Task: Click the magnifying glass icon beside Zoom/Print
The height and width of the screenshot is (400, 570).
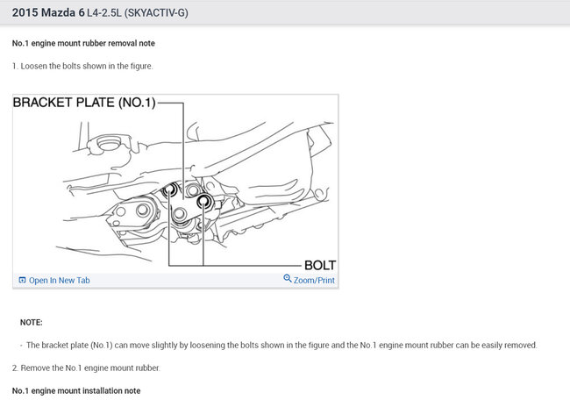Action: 287,278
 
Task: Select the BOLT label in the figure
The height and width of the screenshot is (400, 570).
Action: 320,265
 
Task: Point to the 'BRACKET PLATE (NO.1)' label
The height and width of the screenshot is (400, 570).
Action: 84,103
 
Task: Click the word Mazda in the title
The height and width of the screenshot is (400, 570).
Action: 58,13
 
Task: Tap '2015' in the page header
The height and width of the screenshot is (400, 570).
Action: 25,13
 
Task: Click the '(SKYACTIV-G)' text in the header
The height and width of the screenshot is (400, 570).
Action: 156,13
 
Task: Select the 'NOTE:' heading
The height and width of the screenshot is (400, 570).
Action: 32,323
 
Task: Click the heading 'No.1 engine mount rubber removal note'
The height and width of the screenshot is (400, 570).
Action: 83,43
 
